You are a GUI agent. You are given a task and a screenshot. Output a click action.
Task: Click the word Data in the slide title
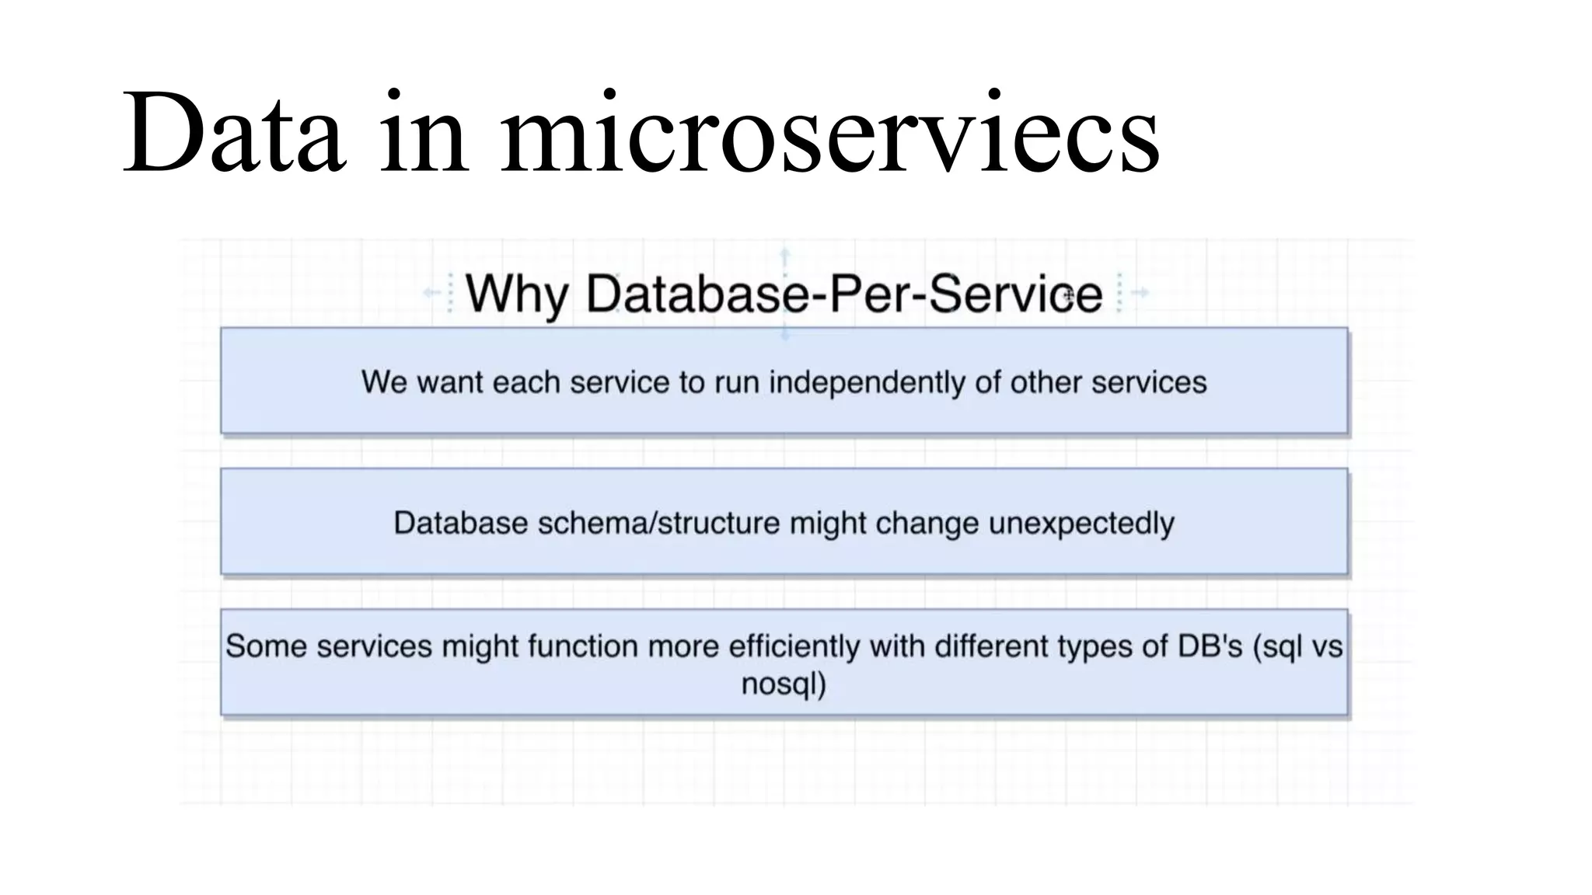click(233, 134)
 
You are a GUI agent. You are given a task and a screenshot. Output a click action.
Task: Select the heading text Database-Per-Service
click(844, 294)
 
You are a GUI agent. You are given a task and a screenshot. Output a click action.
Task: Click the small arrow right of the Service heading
click(1140, 293)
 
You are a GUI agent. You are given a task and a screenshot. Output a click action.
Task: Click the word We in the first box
click(384, 382)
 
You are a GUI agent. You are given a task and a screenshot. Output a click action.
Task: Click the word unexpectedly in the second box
click(1081, 523)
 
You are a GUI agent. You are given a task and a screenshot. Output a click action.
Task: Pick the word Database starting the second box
click(461, 523)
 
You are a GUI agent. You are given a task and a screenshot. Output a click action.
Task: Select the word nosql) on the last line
click(784, 684)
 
